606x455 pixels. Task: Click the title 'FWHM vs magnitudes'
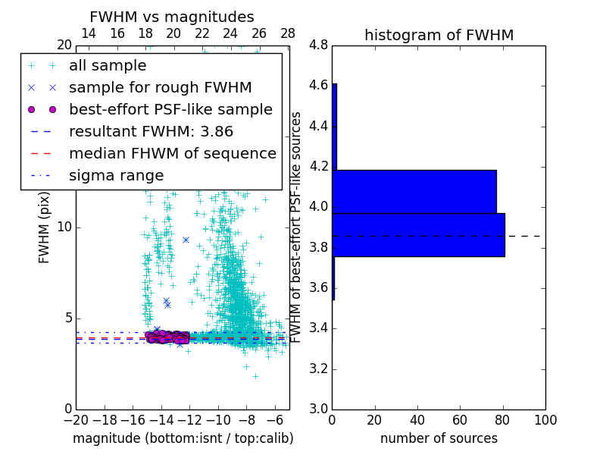pos(172,17)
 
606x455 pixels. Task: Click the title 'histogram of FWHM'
pos(439,35)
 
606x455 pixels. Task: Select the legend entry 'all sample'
pos(108,66)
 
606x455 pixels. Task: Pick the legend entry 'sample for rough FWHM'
pos(161,88)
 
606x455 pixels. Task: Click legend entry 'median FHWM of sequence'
pos(173,154)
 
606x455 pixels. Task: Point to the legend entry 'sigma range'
pos(116,176)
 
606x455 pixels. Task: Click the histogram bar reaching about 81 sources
pos(418,235)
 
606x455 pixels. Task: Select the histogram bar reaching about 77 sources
pos(414,191)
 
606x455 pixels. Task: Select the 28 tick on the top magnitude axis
pos(288,34)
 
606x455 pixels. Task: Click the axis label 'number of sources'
pos(439,438)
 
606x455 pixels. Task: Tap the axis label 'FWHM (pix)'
pos(44,227)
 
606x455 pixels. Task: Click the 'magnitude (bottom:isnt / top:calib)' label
pos(183,438)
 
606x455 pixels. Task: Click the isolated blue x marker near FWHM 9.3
pos(186,240)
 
